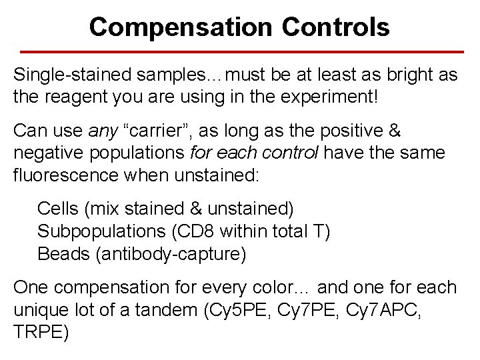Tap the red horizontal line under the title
[240, 51]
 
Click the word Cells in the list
[58, 209]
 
